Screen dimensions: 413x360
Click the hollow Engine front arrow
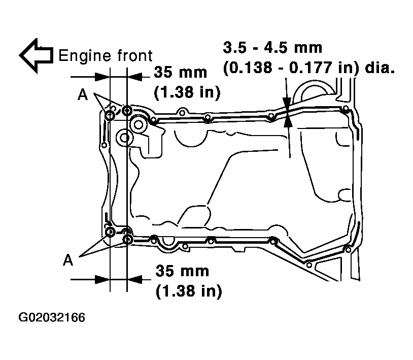click(x=36, y=56)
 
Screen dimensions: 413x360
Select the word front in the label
click(x=134, y=56)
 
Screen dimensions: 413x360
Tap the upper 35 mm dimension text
click(x=181, y=72)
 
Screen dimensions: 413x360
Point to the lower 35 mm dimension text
click(x=182, y=271)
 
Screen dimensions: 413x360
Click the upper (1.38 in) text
click(x=187, y=92)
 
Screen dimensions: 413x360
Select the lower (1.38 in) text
click(x=189, y=291)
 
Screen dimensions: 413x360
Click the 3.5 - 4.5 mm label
click(x=272, y=48)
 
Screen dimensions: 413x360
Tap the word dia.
click(x=380, y=68)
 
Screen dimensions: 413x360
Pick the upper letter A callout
click(x=83, y=94)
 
